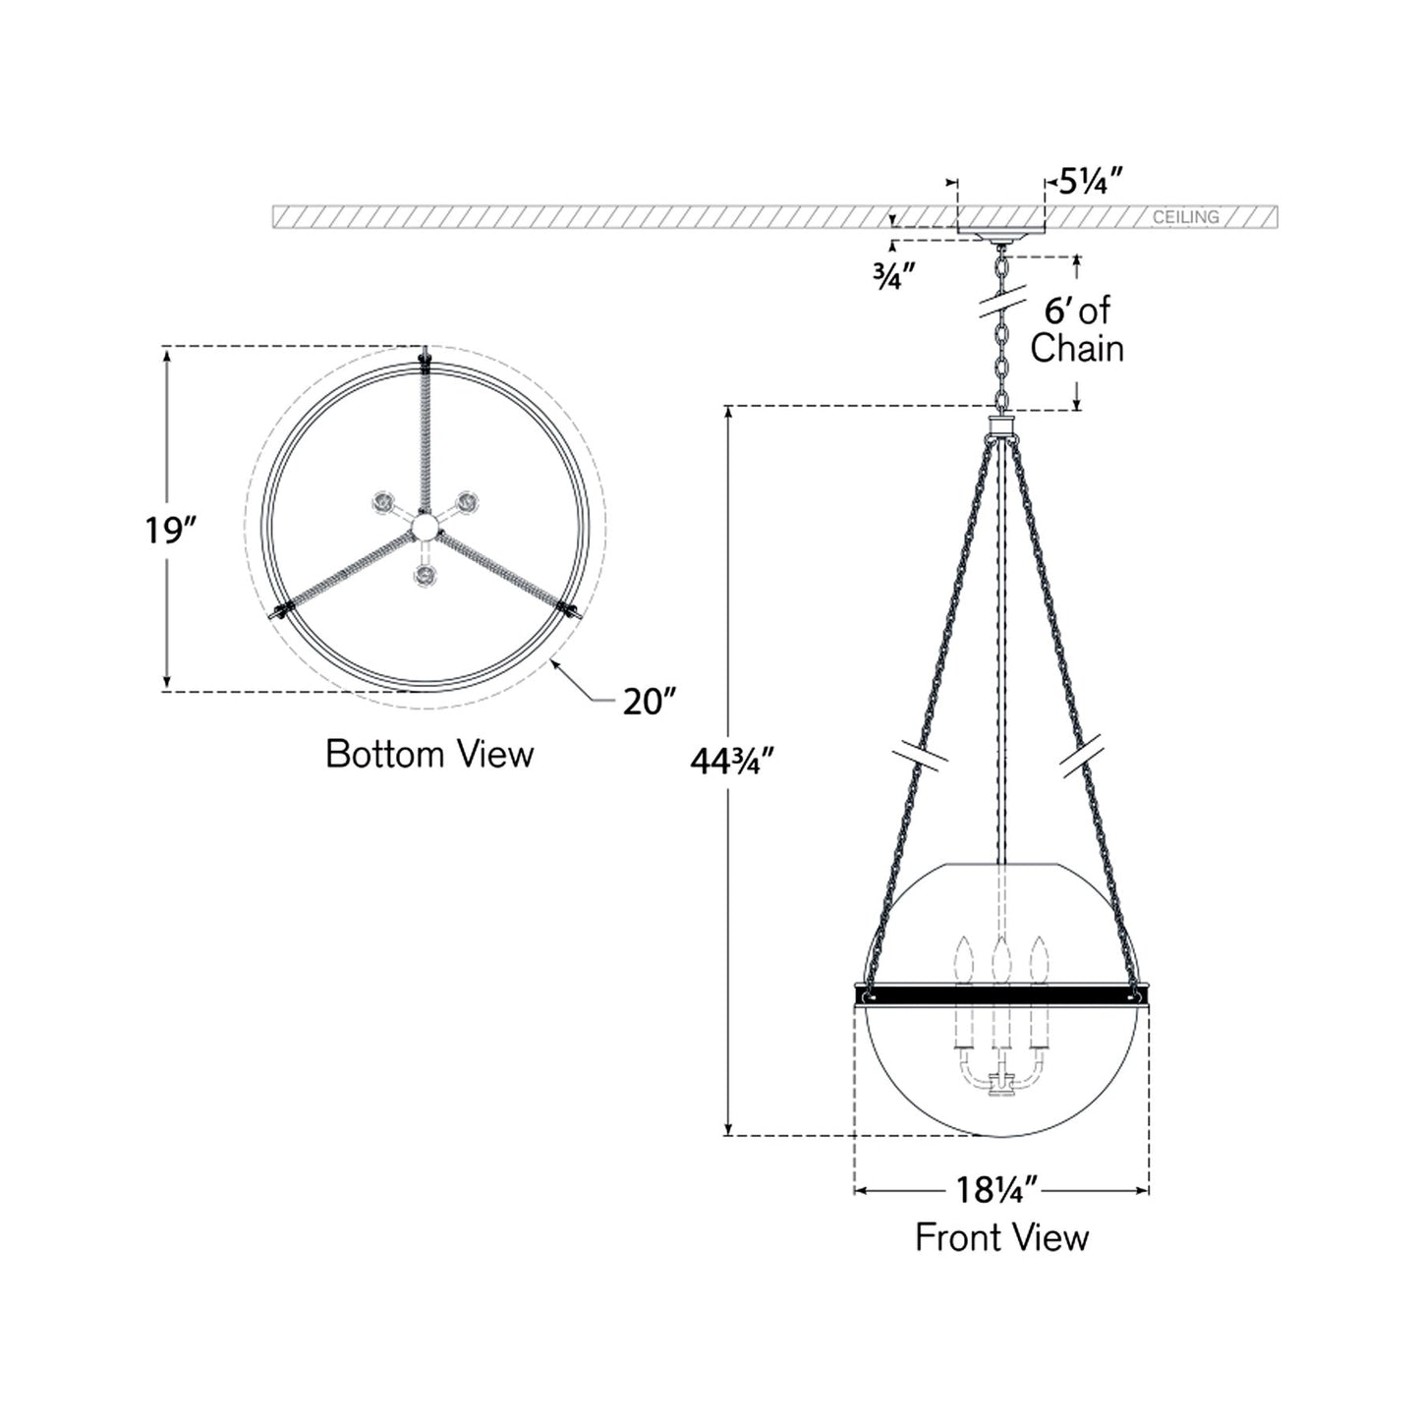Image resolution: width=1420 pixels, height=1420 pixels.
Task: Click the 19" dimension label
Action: coord(172,531)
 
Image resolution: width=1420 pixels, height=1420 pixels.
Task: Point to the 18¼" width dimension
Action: coord(997,1191)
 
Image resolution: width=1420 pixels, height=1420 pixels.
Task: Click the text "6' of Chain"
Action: coord(1077,330)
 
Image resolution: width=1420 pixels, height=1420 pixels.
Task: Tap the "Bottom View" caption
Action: coord(429,755)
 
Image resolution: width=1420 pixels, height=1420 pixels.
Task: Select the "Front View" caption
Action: coord(1001,1237)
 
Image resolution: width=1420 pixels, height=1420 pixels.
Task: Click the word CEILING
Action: coord(1185,217)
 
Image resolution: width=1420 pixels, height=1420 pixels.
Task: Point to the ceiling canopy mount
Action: coord(1001,238)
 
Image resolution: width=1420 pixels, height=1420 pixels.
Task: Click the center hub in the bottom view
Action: coord(425,529)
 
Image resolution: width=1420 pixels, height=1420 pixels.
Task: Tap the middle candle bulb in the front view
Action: coord(1001,957)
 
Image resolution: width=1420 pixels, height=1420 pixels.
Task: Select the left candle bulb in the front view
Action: coord(964,957)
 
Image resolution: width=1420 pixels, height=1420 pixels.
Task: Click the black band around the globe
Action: coord(1001,996)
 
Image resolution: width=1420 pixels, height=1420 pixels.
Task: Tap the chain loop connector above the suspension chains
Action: coord(1001,426)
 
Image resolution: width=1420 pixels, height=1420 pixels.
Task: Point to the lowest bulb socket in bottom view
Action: coord(425,573)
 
